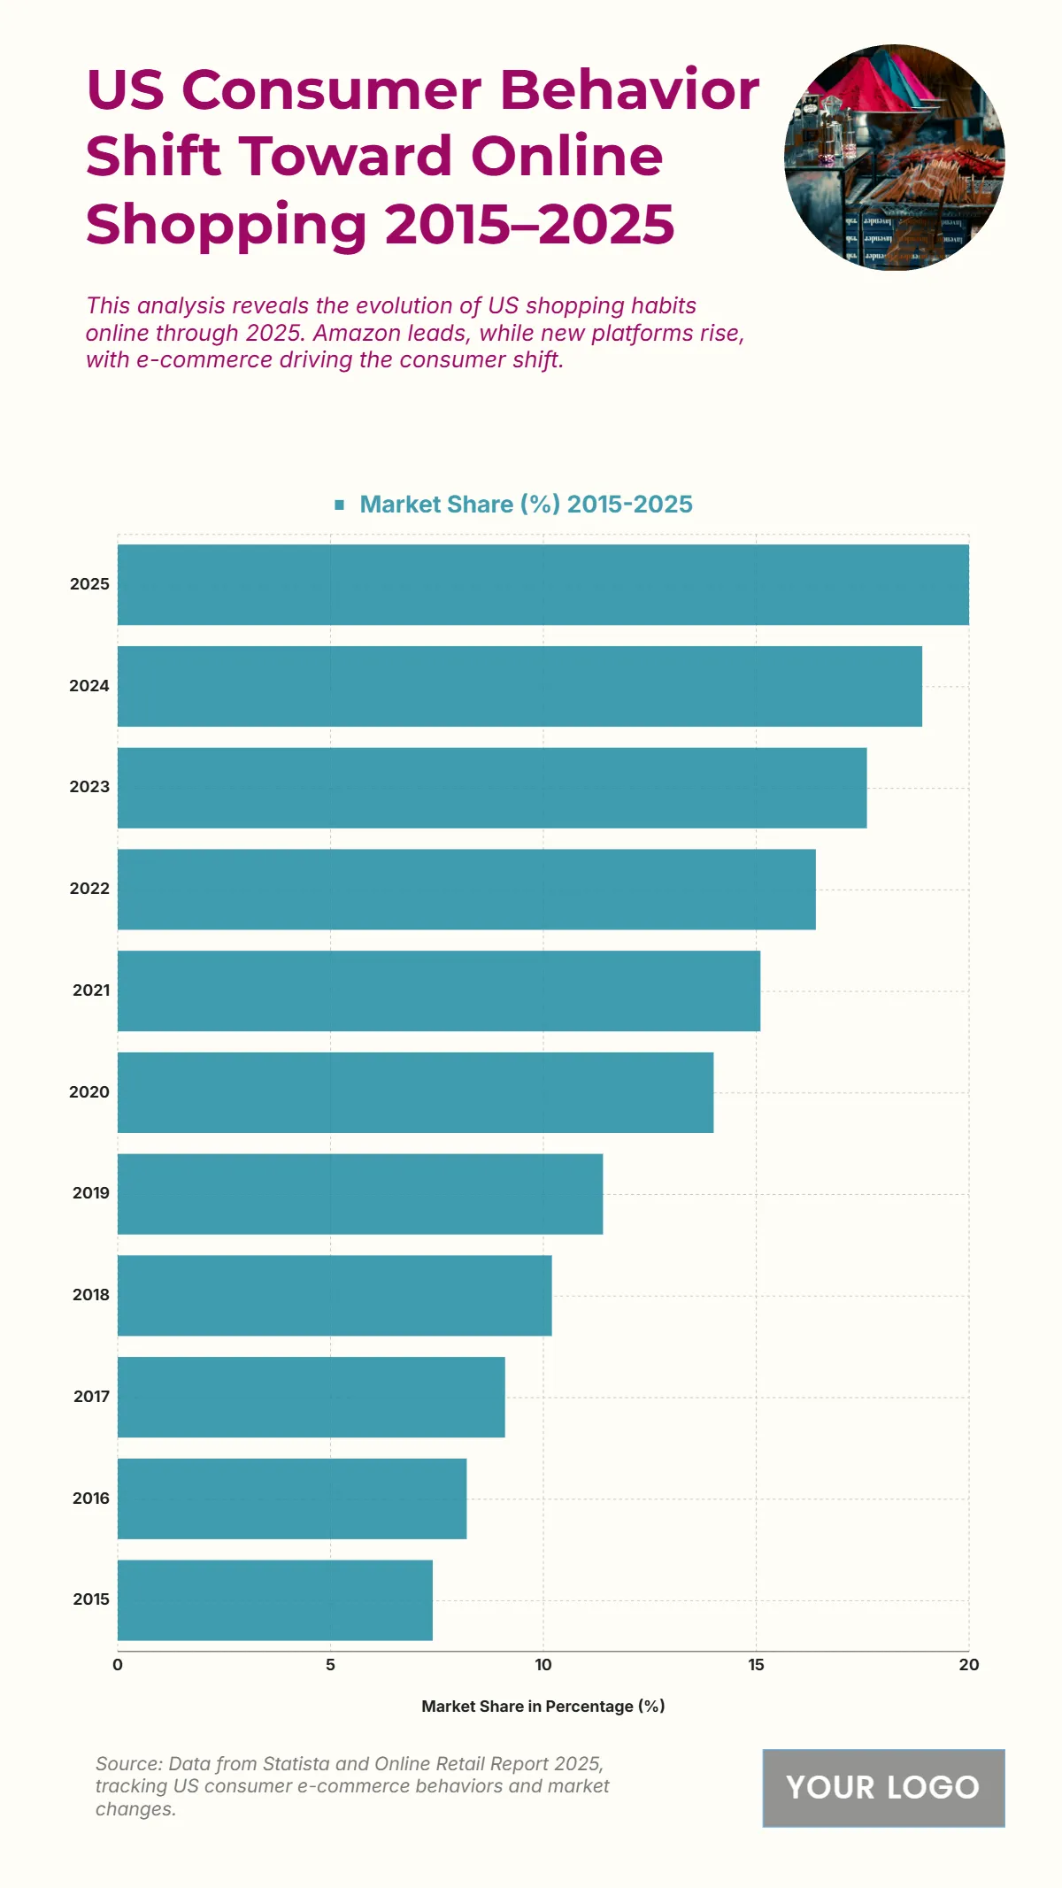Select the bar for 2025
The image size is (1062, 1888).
[x=543, y=584]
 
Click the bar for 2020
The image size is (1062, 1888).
[x=415, y=1092]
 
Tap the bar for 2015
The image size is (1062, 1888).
[x=275, y=1599]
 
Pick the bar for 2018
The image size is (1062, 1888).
[x=335, y=1295]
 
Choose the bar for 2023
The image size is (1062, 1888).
[x=492, y=788]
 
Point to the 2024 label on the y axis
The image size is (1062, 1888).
[x=89, y=686]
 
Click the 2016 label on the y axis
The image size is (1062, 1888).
[x=91, y=1498]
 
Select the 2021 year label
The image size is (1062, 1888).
[x=91, y=990]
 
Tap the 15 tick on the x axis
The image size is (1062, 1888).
[x=756, y=1665]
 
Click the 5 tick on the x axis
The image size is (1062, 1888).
[x=330, y=1665]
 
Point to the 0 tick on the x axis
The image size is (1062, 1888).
[x=118, y=1665]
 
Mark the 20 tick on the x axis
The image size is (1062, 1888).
[x=969, y=1665]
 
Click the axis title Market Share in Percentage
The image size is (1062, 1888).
[x=543, y=1706]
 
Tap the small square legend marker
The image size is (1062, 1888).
[x=339, y=505]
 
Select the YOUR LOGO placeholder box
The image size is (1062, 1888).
[x=883, y=1787]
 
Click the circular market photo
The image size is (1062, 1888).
[x=894, y=157]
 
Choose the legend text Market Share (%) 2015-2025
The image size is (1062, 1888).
[x=526, y=505]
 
